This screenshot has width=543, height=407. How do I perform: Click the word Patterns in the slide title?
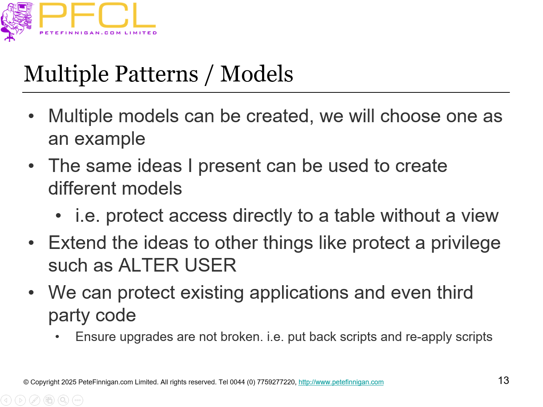pos(156,74)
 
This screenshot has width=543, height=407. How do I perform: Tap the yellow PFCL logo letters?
pos(97,16)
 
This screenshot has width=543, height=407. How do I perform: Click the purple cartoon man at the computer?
pos(17,20)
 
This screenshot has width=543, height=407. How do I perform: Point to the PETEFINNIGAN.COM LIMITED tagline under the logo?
pos(98,33)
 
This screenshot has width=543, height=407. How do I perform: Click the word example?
pos(110,139)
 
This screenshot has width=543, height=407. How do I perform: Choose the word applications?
pos(299,293)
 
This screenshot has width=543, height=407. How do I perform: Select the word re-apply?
pos(428,337)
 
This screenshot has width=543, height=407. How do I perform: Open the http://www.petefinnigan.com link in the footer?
pos(341,382)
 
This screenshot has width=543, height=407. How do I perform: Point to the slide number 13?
pos(503,381)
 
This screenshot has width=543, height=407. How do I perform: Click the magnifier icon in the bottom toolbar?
pos(63,400)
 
